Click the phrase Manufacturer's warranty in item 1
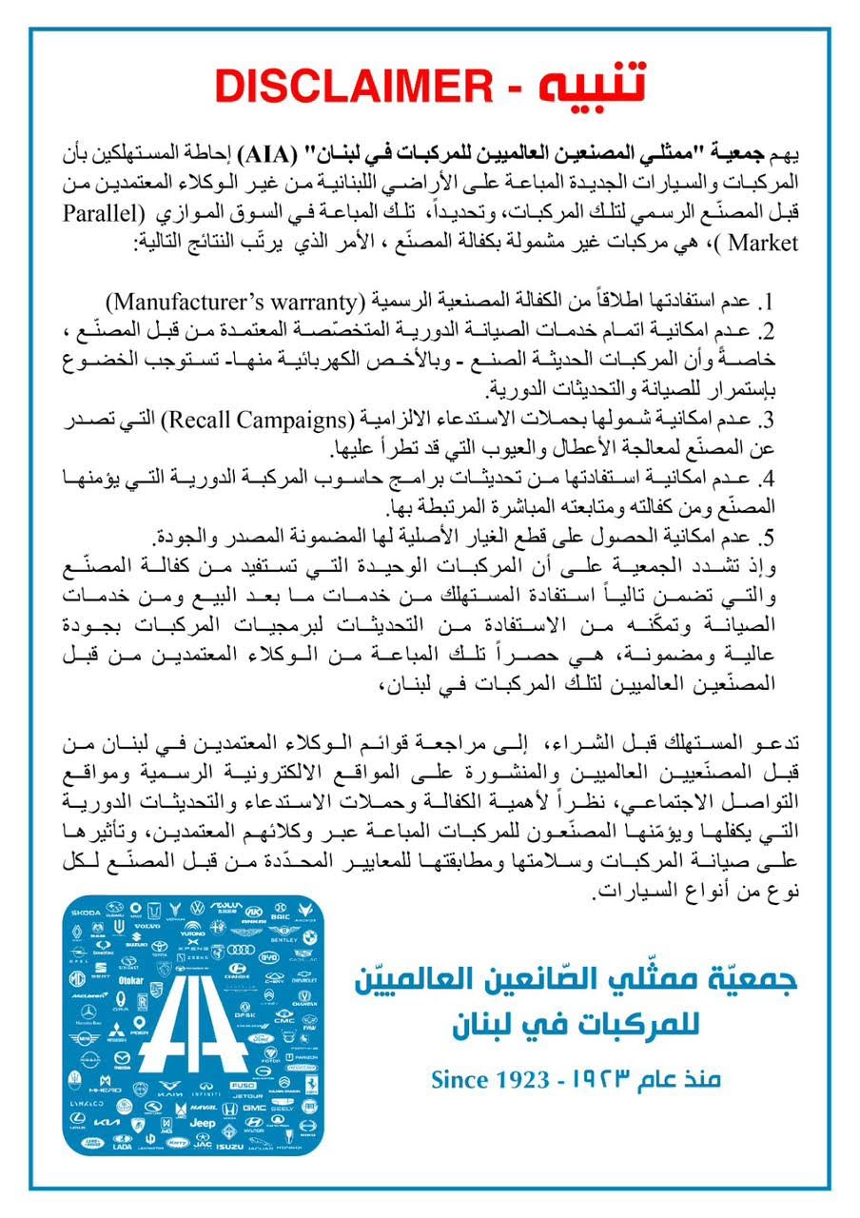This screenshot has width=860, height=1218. [x=234, y=303]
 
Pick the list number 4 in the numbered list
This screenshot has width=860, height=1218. [x=770, y=479]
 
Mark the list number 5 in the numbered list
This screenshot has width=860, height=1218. [x=770, y=538]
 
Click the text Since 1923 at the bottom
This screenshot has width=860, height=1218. [x=490, y=1079]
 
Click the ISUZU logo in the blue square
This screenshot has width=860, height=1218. [x=228, y=1146]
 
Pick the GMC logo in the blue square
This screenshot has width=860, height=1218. [x=253, y=1109]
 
